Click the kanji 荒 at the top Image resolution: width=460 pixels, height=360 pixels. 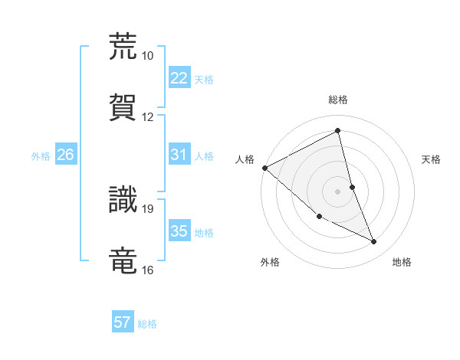(123, 46)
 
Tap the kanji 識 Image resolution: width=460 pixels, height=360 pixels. (123, 198)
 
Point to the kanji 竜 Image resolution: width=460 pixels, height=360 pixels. (123, 260)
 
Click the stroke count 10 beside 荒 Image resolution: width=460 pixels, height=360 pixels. (147, 56)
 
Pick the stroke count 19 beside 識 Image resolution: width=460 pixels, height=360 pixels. (147, 208)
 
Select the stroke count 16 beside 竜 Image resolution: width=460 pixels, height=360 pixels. (147, 270)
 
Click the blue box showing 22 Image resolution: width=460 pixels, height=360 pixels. (179, 77)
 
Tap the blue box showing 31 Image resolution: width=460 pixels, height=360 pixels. (179, 154)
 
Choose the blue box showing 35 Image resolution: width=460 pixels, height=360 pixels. (179, 231)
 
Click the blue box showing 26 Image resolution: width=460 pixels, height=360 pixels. (65, 155)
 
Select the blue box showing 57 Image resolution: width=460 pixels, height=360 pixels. (123, 322)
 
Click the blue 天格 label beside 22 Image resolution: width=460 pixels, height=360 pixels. (204, 79)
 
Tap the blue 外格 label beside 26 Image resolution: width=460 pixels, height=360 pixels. (41, 155)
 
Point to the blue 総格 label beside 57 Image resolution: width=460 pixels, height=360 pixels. (147, 324)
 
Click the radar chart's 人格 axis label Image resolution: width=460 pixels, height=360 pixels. (245, 159)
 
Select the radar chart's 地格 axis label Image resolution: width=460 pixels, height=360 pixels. (402, 262)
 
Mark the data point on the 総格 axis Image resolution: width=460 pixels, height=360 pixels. (338, 131)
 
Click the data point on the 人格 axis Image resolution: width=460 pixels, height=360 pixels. (264, 168)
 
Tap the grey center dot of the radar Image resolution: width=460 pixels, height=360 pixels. (338, 191)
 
